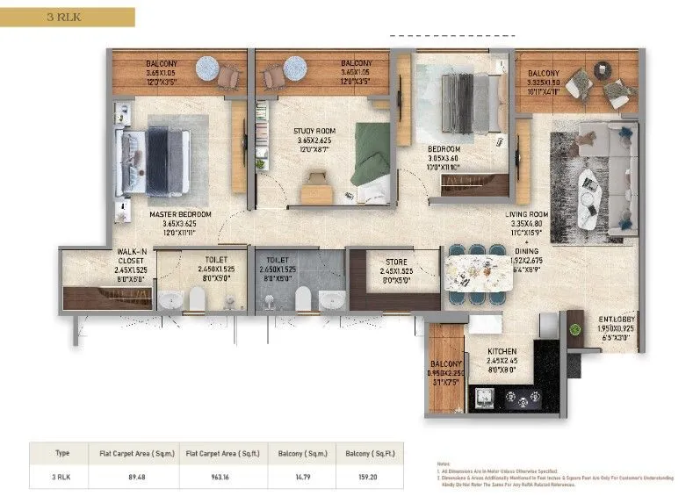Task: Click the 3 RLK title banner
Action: [x=68, y=17]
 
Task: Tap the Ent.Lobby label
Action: [x=617, y=322]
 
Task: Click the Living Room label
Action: [x=527, y=219]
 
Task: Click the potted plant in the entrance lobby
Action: [x=575, y=330]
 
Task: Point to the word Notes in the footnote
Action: [x=444, y=462]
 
